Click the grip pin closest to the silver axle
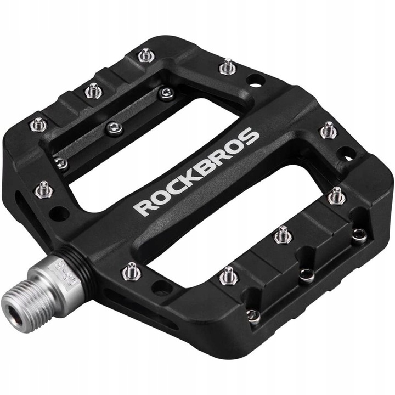pos(129,271)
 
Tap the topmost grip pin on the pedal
pos(144,55)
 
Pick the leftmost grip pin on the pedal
pos(37,124)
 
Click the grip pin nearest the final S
pos(328,130)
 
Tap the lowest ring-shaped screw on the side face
pos(252,315)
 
